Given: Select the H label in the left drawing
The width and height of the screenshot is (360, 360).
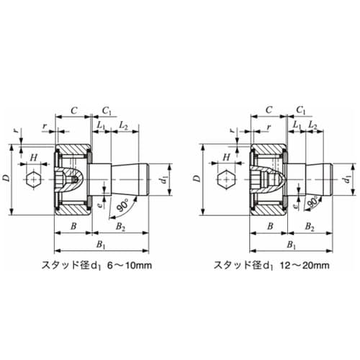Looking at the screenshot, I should [33, 156].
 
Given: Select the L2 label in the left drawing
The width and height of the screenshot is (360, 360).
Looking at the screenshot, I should [123, 126].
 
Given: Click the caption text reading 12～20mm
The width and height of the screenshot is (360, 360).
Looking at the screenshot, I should [312, 265].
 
